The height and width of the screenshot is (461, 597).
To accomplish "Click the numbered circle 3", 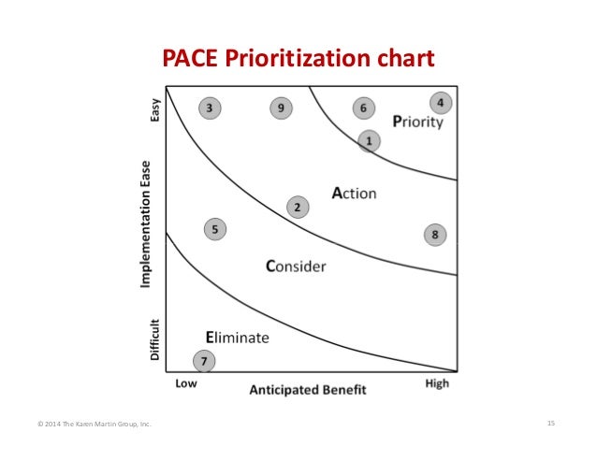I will point(209,108).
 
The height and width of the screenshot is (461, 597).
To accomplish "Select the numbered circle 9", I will point(282,108).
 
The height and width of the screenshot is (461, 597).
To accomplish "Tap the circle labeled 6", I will point(363,108).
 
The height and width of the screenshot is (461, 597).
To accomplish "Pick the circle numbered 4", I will point(440,102).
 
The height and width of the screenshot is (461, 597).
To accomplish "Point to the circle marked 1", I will point(369,140).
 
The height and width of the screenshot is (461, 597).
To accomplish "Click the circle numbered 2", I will point(297,207).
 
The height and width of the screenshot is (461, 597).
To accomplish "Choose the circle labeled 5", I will point(215,228).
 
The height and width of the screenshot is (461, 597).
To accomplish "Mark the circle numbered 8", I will point(435,235).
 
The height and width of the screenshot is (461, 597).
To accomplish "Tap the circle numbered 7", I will point(203,361).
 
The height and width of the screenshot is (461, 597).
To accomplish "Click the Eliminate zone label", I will point(238,338).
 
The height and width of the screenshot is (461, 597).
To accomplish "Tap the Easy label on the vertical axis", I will point(155,109).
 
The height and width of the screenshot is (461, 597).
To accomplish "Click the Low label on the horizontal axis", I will point(186,383).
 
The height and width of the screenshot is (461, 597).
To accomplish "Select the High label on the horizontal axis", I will point(436,383).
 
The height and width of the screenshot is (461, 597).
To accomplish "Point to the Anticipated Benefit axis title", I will point(307,390).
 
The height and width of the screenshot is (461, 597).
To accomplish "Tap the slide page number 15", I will point(551,425).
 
